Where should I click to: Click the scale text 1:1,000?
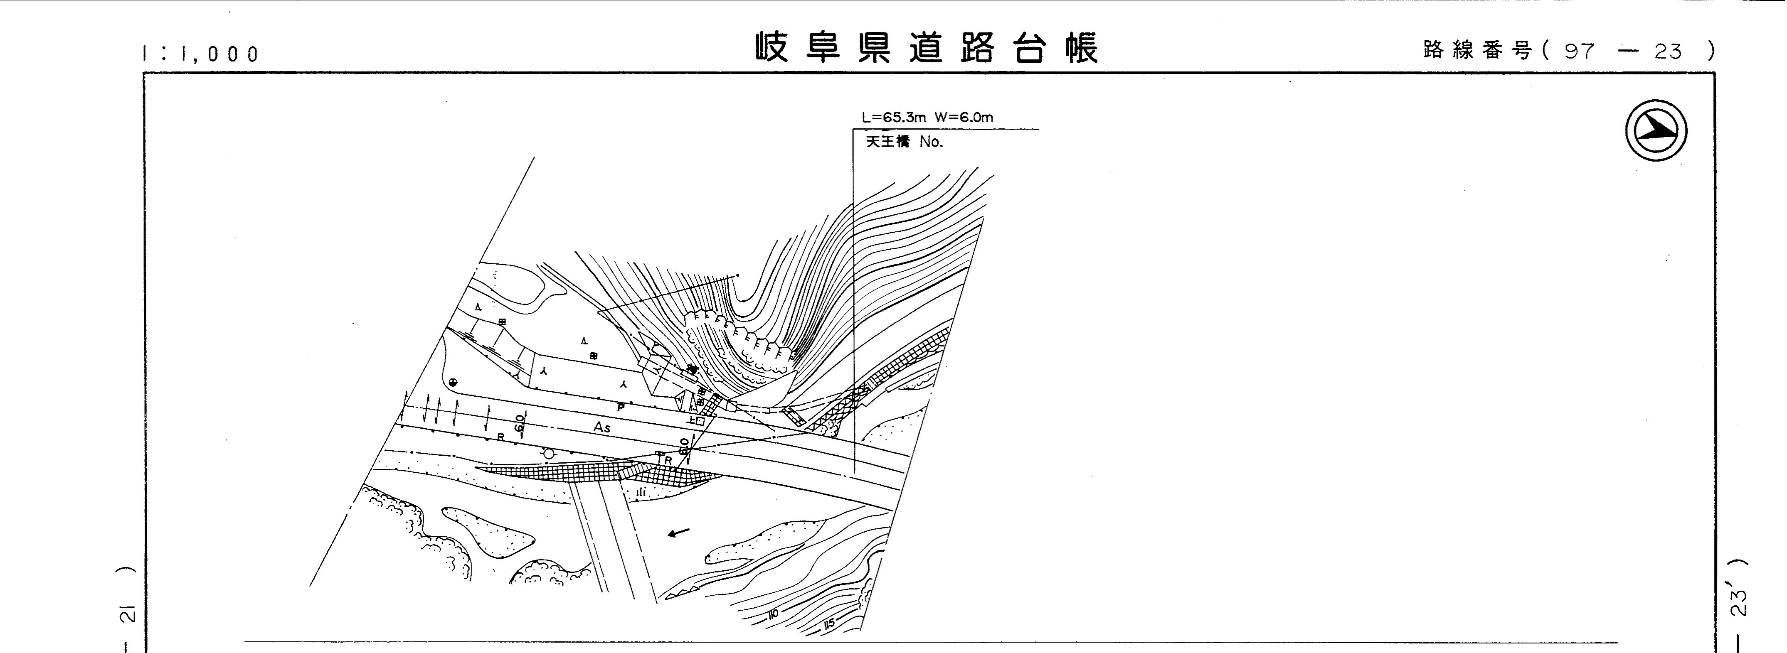(x=200, y=53)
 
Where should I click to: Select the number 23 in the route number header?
(x=1668, y=51)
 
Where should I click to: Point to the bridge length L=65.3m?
(x=894, y=117)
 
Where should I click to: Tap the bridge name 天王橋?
(x=887, y=142)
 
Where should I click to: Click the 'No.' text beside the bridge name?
(x=931, y=142)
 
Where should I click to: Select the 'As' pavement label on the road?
(x=601, y=428)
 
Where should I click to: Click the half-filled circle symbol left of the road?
(x=453, y=382)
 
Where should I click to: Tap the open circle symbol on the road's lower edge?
(x=549, y=453)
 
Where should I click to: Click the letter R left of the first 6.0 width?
(x=501, y=437)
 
